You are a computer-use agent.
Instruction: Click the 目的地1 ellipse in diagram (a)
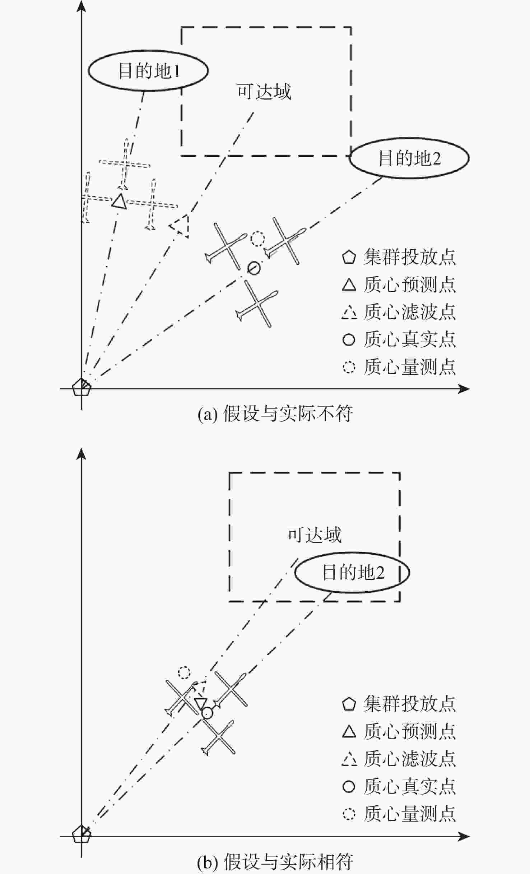tap(148, 70)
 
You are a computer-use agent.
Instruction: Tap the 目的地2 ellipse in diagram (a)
tap(409, 158)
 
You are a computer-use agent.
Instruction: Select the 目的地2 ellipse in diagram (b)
tap(352, 572)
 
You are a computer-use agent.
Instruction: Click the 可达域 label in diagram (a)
tap(264, 92)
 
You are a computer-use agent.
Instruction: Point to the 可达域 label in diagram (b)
tap(314, 535)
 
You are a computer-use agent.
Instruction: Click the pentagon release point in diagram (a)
tap(82, 388)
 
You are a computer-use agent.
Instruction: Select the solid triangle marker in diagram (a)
tap(119, 201)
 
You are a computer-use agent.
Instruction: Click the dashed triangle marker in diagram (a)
tap(180, 226)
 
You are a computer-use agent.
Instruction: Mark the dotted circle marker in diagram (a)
tap(257, 239)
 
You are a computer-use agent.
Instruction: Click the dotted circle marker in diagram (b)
tap(184, 672)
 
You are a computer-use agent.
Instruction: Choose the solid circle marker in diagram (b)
tap(207, 713)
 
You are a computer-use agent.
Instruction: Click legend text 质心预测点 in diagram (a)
tap(410, 285)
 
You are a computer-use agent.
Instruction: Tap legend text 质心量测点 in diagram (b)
tap(410, 814)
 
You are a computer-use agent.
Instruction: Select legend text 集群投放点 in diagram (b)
tap(410, 704)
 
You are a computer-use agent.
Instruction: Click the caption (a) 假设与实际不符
tap(275, 414)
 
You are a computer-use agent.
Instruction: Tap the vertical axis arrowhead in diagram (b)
tap(82, 454)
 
